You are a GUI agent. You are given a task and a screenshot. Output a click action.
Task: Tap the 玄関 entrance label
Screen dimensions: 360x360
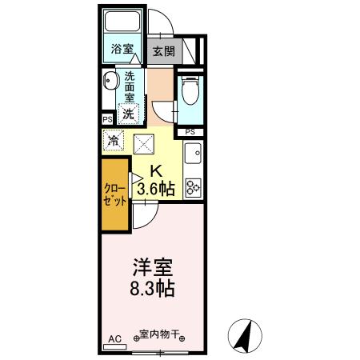pos(164,51)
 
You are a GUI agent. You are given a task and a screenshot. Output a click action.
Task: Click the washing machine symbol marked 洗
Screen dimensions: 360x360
pos(128,113)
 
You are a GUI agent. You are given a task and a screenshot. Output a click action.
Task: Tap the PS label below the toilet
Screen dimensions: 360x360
pos(190,131)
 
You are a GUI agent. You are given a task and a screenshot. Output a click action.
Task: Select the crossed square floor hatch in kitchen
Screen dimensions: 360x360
pos(145,144)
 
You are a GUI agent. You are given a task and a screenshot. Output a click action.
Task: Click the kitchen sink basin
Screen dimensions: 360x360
pos(193,153)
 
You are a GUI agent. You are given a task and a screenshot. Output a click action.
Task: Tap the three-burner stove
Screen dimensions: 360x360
pos(193,187)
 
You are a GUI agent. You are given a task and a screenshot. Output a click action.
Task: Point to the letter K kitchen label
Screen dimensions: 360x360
pos(157,170)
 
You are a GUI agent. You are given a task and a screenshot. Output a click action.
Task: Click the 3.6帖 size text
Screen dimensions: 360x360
pos(156,190)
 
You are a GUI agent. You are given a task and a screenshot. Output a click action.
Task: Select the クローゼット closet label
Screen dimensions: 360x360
pos(114,194)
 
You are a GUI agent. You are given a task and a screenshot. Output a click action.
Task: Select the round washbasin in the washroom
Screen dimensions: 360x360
pos(110,81)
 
